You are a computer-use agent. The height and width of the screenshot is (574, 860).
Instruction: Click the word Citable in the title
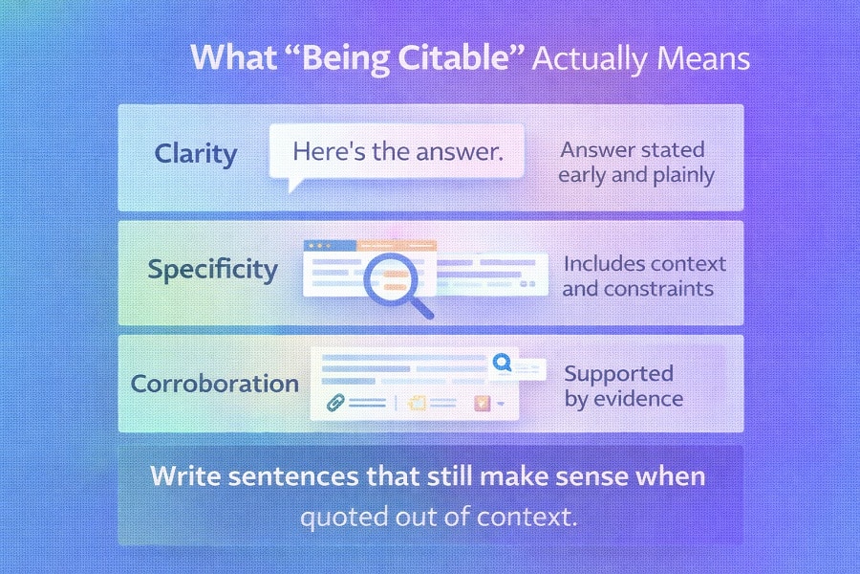(x=467, y=57)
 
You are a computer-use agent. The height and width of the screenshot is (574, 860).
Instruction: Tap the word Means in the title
(x=701, y=57)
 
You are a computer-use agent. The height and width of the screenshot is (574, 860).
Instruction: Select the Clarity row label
(x=195, y=154)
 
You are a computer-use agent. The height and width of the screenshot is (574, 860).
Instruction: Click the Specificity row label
(x=212, y=269)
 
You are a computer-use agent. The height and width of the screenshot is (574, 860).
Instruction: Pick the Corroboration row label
(x=214, y=384)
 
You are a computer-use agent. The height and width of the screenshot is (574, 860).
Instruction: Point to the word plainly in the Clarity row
(x=675, y=175)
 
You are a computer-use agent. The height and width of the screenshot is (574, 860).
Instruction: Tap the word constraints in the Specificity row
(x=659, y=288)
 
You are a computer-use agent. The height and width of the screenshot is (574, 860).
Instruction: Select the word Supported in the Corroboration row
(x=618, y=373)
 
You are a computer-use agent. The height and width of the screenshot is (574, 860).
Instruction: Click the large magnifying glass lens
(x=390, y=277)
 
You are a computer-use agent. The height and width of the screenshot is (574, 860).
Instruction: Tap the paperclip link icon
(x=333, y=404)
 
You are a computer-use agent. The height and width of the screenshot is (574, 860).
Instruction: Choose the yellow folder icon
(x=417, y=404)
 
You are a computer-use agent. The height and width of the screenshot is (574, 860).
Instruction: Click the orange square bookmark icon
(x=483, y=404)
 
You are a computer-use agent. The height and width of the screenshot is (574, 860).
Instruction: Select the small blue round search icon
(x=501, y=364)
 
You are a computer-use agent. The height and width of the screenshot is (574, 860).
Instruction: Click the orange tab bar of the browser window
(x=397, y=246)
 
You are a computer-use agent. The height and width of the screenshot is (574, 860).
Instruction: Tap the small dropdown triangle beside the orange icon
(x=501, y=405)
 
